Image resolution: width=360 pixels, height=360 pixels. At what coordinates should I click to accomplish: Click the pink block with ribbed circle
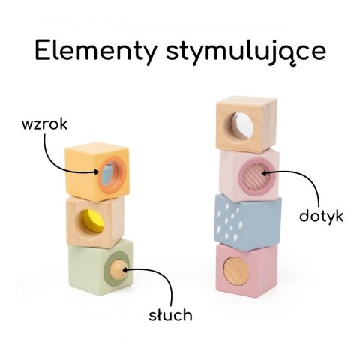pos(247,174)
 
